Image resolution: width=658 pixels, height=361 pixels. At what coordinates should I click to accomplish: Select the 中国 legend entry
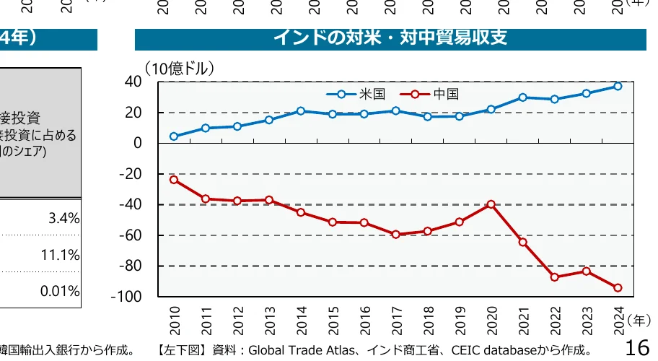[x=445, y=94]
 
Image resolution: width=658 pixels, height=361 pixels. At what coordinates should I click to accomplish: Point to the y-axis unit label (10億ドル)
[x=180, y=69]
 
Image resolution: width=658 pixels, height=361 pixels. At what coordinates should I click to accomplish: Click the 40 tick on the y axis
[x=133, y=82]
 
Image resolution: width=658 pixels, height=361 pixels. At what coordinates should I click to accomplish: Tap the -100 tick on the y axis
[x=126, y=297]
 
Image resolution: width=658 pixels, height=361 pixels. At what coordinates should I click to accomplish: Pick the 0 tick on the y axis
[x=137, y=143]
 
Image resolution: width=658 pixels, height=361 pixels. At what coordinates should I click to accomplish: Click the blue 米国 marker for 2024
[x=618, y=86]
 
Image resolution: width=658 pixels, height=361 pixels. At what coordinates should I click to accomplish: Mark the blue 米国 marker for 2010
[x=174, y=136]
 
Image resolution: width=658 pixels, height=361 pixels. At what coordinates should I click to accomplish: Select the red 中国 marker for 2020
[x=491, y=204]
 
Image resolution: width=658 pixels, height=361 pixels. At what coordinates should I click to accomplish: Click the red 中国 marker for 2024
[x=618, y=287]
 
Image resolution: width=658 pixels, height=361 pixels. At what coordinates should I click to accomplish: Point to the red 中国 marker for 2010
[x=174, y=179]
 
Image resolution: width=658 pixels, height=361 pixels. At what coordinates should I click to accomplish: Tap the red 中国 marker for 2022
[x=554, y=277]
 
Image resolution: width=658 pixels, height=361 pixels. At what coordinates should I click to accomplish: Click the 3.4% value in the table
[x=63, y=219]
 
